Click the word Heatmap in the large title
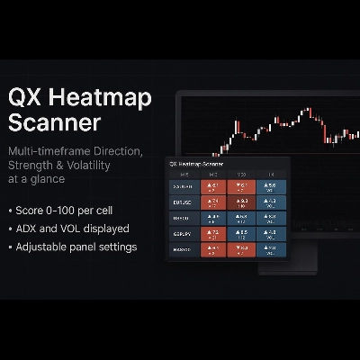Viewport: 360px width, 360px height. pyautogui.click(x=114, y=96)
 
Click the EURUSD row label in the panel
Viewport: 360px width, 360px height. pyautogui.click(x=184, y=203)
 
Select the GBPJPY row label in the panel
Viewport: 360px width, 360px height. pyautogui.click(x=184, y=232)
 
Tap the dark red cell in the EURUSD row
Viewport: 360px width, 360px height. pyautogui.click(x=241, y=203)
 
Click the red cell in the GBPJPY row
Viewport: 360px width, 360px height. pyautogui.click(x=215, y=232)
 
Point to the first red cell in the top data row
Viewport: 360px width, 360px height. pyautogui.click(x=215, y=188)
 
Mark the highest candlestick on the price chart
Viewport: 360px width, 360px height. pyautogui.click(x=309, y=113)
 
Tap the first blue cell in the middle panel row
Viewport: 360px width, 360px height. pyautogui.click(x=215, y=218)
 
